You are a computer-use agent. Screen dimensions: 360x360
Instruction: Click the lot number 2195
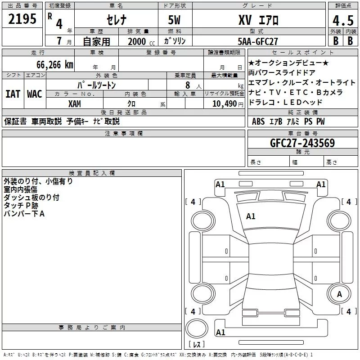(x=22, y=19)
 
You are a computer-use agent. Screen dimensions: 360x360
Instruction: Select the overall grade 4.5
(x=343, y=20)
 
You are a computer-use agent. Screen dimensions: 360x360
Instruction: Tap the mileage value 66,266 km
(x=55, y=65)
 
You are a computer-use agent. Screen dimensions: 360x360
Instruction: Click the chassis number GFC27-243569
(x=302, y=143)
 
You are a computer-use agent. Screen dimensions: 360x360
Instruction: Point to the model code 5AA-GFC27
(x=257, y=41)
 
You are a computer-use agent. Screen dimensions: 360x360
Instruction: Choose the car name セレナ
(x=117, y=20)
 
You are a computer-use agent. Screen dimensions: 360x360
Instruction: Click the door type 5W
(x=174, y=20)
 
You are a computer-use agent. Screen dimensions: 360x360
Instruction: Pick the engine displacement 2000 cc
(x=141, y=42)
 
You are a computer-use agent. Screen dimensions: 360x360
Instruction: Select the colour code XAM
(x=75, y=104)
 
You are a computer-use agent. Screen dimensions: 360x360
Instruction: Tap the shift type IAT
(x=13, y=94)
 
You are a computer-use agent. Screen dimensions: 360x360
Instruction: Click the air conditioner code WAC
(x=35, y=94)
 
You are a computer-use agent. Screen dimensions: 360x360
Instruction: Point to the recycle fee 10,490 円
(x=228, y=104)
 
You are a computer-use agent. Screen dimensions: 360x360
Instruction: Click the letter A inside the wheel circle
(x=339, y=294)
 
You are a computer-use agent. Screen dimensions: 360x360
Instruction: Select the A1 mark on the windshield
(x=251, y=216)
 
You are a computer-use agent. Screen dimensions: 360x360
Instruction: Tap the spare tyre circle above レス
(x=197, y=328)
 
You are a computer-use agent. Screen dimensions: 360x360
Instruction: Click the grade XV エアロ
(x=258, y=20)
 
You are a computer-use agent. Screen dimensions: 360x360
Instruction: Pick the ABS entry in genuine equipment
(x=258, y=121)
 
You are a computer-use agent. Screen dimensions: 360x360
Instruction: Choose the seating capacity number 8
(x=188, y=85)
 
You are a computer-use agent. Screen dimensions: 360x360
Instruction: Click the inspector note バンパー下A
(x=24, y=214)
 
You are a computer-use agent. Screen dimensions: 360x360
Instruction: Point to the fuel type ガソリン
(x=175, y=41)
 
